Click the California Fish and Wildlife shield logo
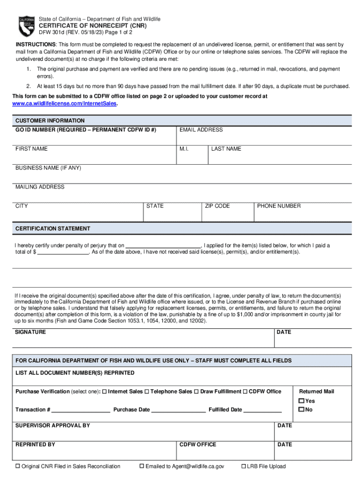[27, 26]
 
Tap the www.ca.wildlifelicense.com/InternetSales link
[65, 103]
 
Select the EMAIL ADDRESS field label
[201, 130]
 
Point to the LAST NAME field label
[226, 149]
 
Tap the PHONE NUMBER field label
[279, 206]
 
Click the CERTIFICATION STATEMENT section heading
[53, 229]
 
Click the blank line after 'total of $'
[63, 252]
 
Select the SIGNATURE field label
[31, 332]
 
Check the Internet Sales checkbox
[104, 392]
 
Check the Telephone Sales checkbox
[147, 392]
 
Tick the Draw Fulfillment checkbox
[196, 392]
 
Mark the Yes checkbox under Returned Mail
[302, 401]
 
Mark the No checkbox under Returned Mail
[302, 410]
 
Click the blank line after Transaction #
[81, 411]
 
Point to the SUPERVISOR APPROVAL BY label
[53, 426]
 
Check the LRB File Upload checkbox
[244, 466]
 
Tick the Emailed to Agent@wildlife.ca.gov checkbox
[142, 466]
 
